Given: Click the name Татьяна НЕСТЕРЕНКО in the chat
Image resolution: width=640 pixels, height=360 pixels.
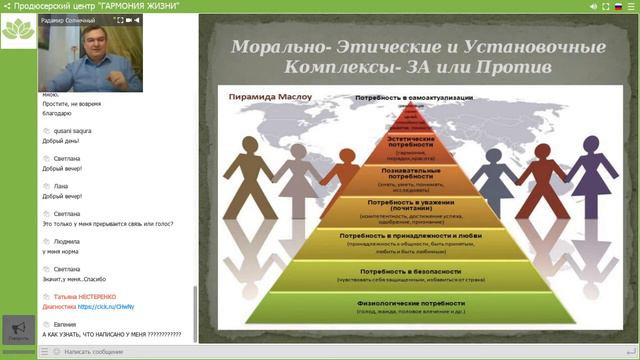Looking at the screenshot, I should click(91, 297).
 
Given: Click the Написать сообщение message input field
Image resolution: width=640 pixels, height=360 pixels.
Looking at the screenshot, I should click(110, 353).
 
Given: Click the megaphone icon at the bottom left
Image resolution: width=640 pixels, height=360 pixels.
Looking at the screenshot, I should click(17, 327).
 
